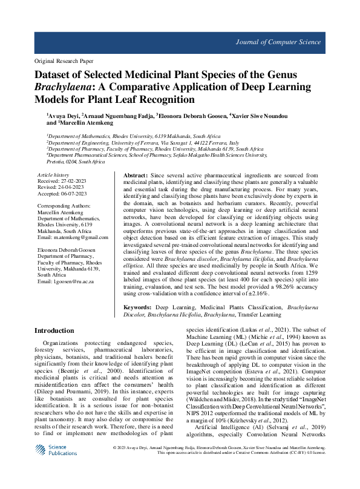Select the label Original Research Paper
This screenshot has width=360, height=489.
pos(63,62)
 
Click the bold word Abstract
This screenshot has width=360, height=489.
pos(131,174)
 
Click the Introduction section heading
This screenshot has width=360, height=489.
pos(54,331)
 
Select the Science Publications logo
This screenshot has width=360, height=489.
pos(54,467)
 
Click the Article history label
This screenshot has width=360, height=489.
pos(53,174)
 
